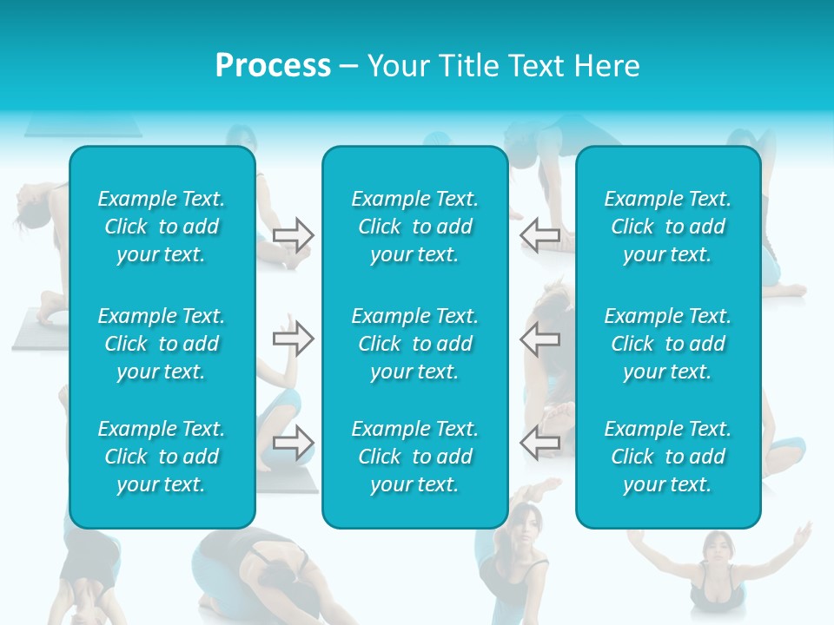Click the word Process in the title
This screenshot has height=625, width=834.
coord(273,66)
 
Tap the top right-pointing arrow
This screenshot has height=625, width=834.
coord(293,234)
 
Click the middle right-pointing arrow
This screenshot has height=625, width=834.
coord(293,339)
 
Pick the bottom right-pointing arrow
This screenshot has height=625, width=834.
coord(293,443)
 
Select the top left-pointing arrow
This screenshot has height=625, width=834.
coord(539,234)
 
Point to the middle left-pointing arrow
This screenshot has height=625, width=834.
coord(539,339)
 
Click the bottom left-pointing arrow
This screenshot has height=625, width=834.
coord(539,443)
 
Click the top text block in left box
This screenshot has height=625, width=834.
coord(162,227)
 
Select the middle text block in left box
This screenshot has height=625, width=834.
coord(162,344)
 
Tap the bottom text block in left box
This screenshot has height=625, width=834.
coord(162,457)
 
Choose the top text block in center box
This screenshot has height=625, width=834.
coord(414,227)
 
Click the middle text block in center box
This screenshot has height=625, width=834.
coord(414,344)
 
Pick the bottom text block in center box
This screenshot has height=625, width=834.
coord(414,457)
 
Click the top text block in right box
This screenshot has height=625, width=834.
coord(667,227)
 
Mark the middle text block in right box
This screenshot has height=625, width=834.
coord(667,344)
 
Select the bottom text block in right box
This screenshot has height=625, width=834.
coord(667,457)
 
